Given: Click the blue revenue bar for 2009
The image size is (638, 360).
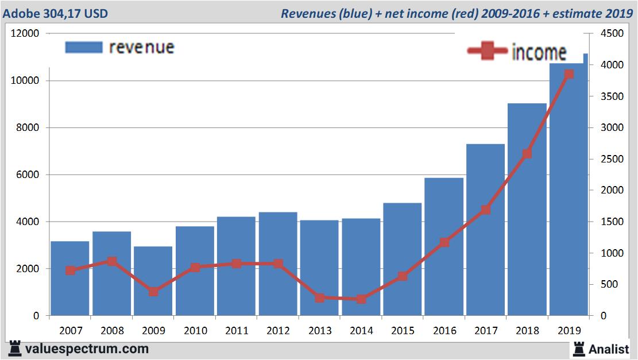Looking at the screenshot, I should click(x=153, y=281).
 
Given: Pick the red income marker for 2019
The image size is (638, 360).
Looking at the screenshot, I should click(x=569, y=74).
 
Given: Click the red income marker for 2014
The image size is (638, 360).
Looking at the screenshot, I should click(x=361, y=299).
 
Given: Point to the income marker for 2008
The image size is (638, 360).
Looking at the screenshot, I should click(x=111, y=261).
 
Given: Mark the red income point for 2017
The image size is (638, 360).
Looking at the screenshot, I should click(x=486, y=210).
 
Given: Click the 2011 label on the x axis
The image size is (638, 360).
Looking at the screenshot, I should click(x=237, y=331).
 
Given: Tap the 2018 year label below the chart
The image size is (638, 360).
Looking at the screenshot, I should click(x=527, y=331).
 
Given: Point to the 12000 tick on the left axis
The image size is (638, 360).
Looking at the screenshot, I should click(x=25, y=34).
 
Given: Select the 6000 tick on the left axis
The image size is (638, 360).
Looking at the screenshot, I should click(x=28, y=175).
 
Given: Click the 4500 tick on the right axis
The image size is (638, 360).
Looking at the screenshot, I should click(x=610, y=34).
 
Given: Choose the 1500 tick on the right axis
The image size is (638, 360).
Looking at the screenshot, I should click(x=610, y=222).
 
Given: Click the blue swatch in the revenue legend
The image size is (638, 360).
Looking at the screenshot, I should click(x=84, y=47).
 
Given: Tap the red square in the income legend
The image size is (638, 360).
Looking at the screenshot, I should click(x=488, y=51).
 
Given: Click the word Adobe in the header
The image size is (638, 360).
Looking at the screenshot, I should click(x=19, y=13).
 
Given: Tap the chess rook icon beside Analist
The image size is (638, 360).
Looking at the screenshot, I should click(x=578, y=348).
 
